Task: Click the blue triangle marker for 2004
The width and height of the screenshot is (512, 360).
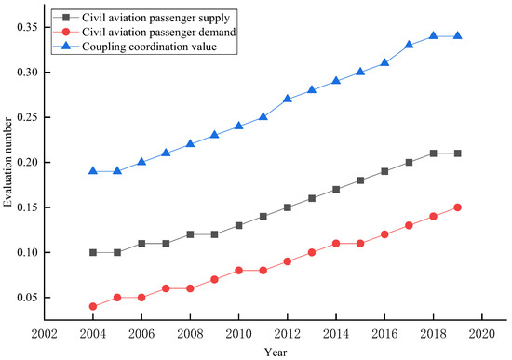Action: point(93,171)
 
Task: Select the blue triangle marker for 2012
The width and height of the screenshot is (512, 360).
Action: point(288,99)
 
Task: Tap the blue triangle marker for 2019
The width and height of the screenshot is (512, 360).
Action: point(458,35)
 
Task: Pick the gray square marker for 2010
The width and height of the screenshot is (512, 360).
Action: point(238,225)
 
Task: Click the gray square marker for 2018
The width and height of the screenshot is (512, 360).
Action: point(433,153)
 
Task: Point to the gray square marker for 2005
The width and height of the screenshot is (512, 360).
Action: point(117,253)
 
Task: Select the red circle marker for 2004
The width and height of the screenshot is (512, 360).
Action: point(93,306)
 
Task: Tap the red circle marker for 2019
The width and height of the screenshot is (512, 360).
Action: point(458,207)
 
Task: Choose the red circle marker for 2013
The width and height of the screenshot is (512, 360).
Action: point(312,253)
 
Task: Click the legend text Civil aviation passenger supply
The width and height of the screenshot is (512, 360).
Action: point(155,18)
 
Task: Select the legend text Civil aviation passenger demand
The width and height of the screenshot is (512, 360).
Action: point(158,32)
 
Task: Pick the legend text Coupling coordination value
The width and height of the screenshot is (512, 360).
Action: point(149,47)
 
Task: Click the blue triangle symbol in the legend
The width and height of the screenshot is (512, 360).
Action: point(66,46)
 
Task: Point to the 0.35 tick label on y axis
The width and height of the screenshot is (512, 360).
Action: point(27,27)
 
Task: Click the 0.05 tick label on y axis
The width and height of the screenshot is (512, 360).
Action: point(27,298)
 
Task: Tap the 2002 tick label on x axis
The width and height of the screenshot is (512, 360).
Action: point(45,334)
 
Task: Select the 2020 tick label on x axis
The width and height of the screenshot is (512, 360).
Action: point(482,334)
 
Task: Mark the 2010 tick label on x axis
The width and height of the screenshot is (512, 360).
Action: point(238,334)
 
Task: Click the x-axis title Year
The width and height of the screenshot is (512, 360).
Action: point(276,353)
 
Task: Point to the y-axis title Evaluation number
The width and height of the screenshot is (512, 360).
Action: point(7,163)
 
